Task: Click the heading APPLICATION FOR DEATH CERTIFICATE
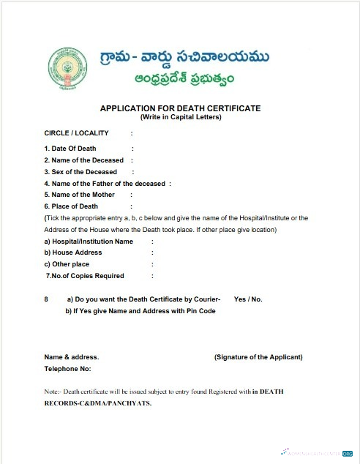tap(180, 108)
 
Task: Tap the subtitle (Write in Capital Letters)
tap(180, 117)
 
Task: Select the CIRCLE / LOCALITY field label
tap(76, 133)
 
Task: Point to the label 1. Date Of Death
tap(70, 149)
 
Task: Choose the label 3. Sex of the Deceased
tap(80, 172)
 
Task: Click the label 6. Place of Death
tap(72, 206)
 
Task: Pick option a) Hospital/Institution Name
tap(89, 241)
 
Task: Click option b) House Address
tap(73, 252)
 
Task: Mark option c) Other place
tap(67, 264)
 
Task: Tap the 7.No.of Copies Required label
tap(85, 276)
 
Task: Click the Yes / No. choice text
tap(248, 299)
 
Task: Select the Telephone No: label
tap(67, 369)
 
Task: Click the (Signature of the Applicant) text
tap(258, 357)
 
